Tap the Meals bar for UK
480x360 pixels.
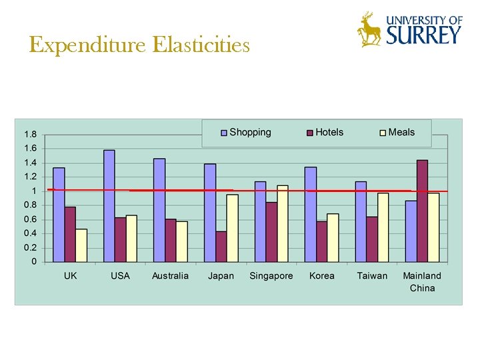click(81, 245)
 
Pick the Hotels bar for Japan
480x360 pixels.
click(221, 246)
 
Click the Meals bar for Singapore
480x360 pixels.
click(283, 223)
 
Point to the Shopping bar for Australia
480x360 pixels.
click(159, 209)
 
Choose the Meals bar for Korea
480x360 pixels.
click(333, 237)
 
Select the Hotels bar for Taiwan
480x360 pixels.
click(372, 239)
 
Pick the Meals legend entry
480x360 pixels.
click(397, 132)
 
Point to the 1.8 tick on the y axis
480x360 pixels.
click(30, 135)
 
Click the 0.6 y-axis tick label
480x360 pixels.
click(30, 219)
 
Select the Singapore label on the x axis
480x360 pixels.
click(271, 276)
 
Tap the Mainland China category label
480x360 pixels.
click(422, 281)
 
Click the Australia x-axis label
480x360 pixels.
click(170, 276)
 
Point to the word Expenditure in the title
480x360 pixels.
click(88, 45)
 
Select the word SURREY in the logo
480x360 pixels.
click(423, 35)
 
